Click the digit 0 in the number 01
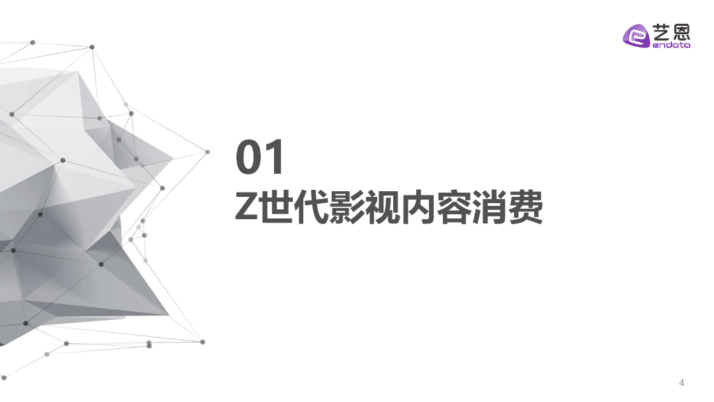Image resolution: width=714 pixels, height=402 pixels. coord(248,158)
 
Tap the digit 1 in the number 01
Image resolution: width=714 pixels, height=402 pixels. coord(275,158)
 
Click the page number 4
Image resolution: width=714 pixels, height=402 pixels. coord(681,383)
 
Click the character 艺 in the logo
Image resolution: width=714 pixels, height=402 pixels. coord(661,31)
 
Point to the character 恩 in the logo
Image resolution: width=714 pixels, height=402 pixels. coord(681,31)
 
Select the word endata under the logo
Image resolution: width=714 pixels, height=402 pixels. coord(670,46)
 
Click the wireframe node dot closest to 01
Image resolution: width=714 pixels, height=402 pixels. coord(207,151)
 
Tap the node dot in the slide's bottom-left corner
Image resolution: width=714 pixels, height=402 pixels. coord(3,378)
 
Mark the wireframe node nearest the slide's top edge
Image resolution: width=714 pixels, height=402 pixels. coord(33,43)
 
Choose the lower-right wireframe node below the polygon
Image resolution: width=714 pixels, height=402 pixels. coord(203,342)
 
